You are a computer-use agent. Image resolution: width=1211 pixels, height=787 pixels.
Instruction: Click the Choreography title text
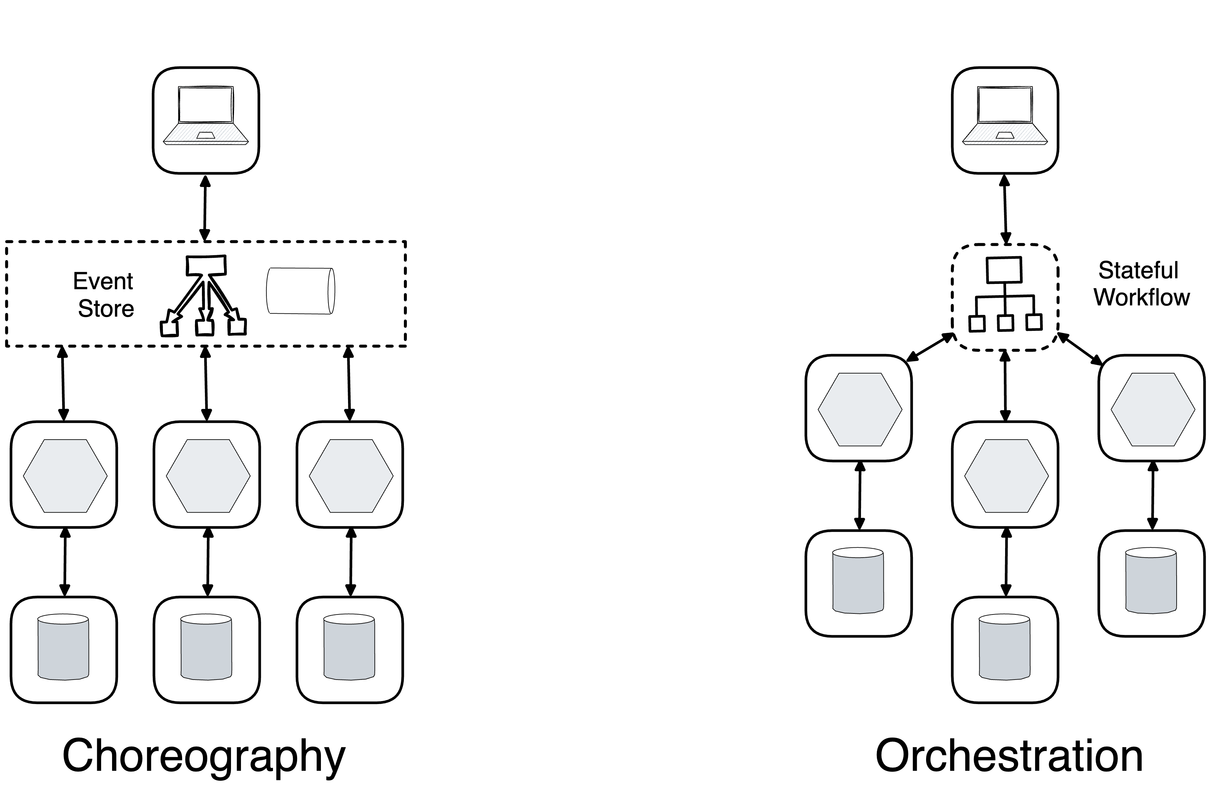[x=204, y=757]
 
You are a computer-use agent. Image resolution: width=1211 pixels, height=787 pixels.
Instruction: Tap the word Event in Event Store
[x=103, y=281]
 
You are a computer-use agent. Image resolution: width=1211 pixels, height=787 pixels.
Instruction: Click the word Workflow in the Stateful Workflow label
[x=1141, y=297]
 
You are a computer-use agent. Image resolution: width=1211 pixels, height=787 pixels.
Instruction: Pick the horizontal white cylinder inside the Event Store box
[x=300, y=291]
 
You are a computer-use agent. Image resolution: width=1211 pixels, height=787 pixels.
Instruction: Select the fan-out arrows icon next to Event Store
[x=204, y=296]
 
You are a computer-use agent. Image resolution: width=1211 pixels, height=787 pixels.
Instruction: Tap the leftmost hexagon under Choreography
[x=65, y=476]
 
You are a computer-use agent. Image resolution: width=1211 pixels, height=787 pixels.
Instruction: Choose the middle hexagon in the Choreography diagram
[x=208, y=476]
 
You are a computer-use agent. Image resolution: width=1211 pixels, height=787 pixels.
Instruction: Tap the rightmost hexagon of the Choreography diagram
[x=351, y=476]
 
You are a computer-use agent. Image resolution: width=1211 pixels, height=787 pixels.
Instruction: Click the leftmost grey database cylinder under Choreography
[x=63, y=647]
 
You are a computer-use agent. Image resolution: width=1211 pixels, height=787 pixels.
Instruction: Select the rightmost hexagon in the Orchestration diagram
[x=1152, y=410]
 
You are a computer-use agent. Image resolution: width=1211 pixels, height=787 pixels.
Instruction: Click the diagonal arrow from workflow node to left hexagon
[x=930, y=347]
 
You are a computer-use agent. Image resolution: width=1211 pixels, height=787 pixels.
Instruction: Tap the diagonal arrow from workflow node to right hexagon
[x=1080, y=348]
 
